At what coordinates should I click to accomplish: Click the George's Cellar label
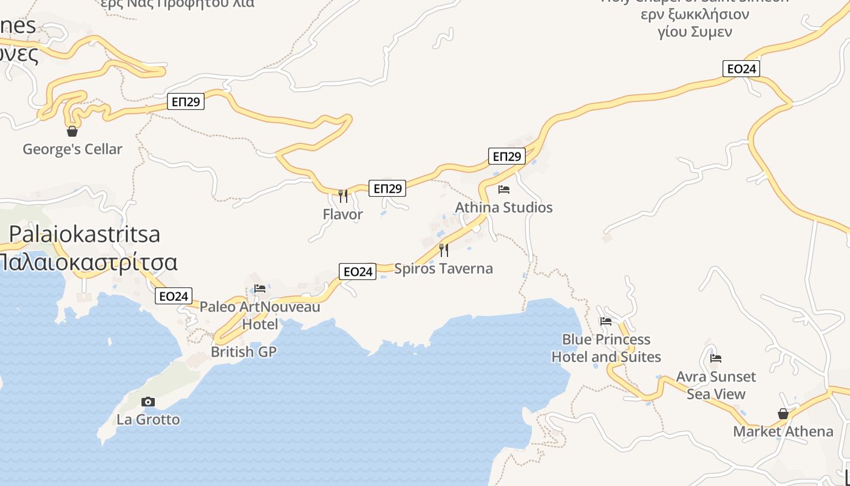[72, 149]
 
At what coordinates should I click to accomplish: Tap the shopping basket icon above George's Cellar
[72, 131]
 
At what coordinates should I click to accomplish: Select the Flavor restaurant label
[342, 214]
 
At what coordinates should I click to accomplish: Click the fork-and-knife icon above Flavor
[343, 196]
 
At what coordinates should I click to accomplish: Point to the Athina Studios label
[503, 207]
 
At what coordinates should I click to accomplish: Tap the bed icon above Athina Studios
[503, 190]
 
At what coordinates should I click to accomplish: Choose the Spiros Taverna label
[443, 269]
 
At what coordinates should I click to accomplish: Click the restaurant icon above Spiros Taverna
[444, 250]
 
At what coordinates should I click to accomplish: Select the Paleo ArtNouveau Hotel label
[260, 315]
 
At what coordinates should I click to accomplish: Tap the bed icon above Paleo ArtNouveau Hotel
[260, 289]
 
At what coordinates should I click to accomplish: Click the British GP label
[243, 352]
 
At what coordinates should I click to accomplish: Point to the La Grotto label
[148, 420]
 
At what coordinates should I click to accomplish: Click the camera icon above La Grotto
[148, 402]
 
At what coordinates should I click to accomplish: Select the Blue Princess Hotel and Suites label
[606, 348]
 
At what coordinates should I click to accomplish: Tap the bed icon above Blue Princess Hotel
[606, 321]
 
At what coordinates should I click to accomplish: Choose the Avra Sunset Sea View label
[716, 385]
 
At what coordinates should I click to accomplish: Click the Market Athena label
[783, 431]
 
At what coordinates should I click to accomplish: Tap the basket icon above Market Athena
[783, 414]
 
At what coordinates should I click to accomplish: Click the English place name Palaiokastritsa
[84, 234]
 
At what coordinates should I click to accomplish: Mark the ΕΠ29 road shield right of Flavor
[387, 188]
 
